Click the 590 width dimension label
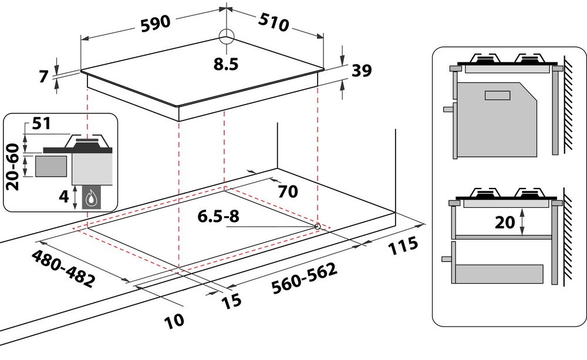click(156, 23)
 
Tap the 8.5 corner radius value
click(226, 64)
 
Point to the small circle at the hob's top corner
click(227, 37)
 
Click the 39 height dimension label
click(362, 70)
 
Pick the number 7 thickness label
click(44, 76)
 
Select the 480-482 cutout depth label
click(63, 268)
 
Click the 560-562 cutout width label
click(304, 278)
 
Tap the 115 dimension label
click(403, 245)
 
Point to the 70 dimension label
click(288, 191)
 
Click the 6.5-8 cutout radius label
click(218, 216)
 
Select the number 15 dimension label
click(231, 301)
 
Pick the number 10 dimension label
click(174, 321)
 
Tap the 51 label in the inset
click(42, 123)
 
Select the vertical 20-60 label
click(13, 166)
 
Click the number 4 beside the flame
click(65, 196)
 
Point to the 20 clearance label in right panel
click(505, 223)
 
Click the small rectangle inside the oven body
click(498, 96)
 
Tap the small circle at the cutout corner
click(317, 226)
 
